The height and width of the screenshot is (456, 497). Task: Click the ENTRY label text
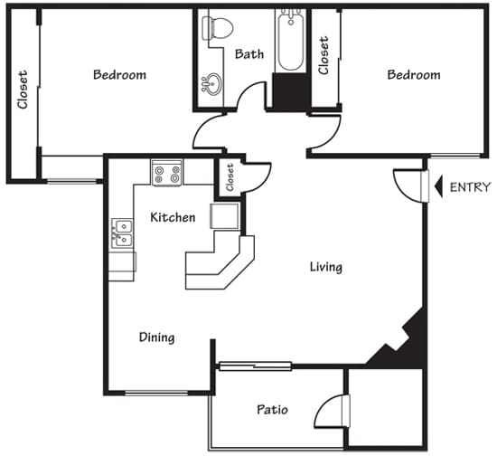[469, 188]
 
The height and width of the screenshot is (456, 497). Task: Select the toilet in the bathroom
[217, 26]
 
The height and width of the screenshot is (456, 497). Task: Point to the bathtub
[291, 42]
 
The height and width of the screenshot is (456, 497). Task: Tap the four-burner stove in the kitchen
[167, 173]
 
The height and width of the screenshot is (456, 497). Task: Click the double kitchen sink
[122, 234]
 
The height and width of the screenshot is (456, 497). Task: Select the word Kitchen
[173, 217]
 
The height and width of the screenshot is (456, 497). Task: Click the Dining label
[156, 337]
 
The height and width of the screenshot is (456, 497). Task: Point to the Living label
[325, 267]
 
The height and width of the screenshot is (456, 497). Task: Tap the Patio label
[271, 410]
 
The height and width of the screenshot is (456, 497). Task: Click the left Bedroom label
[119, 74]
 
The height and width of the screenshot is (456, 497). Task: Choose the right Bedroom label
[414, 74]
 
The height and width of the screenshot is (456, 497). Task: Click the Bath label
[249, 54]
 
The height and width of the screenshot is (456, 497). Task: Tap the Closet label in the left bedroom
[23, 90]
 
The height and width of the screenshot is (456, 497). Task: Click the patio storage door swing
[334, 412]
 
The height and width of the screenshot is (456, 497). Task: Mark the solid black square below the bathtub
[290, 92]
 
